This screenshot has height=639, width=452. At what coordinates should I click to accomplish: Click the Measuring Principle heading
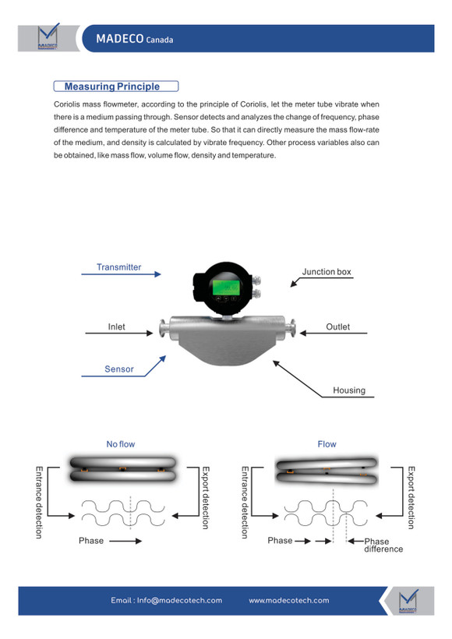(112, 86)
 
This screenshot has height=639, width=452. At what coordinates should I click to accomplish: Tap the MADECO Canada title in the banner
(135, 39)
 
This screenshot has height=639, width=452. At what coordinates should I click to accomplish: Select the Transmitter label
(118, 267)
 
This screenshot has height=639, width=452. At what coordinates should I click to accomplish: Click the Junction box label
(327, 271)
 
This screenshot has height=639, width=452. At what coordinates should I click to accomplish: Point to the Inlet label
(117, 327)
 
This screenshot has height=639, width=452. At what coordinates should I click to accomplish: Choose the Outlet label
(338, 327)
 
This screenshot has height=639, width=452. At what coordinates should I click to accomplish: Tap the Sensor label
(119, 369)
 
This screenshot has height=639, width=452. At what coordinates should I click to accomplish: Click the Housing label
(349, 390)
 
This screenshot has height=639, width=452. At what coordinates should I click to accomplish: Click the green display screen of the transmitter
(225, 288)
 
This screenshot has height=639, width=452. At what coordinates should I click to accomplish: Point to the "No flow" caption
(121, 444)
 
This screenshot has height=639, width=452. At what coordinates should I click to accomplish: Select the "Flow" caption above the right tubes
(327, 444)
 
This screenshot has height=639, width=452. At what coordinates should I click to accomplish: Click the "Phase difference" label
(383, 545)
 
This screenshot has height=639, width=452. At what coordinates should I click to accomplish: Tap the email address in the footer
(166, 600)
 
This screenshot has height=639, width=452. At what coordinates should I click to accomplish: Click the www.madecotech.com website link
(289, 600)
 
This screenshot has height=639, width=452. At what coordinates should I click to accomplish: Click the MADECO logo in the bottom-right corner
(408, 601)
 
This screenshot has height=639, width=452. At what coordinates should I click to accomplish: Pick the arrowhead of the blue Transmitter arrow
(157, 274)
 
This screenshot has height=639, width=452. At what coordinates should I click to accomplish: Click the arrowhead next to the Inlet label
(150, 333)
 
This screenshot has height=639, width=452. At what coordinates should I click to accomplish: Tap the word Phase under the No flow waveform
(91, 540)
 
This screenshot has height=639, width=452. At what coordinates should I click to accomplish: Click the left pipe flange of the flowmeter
(163, 329)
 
